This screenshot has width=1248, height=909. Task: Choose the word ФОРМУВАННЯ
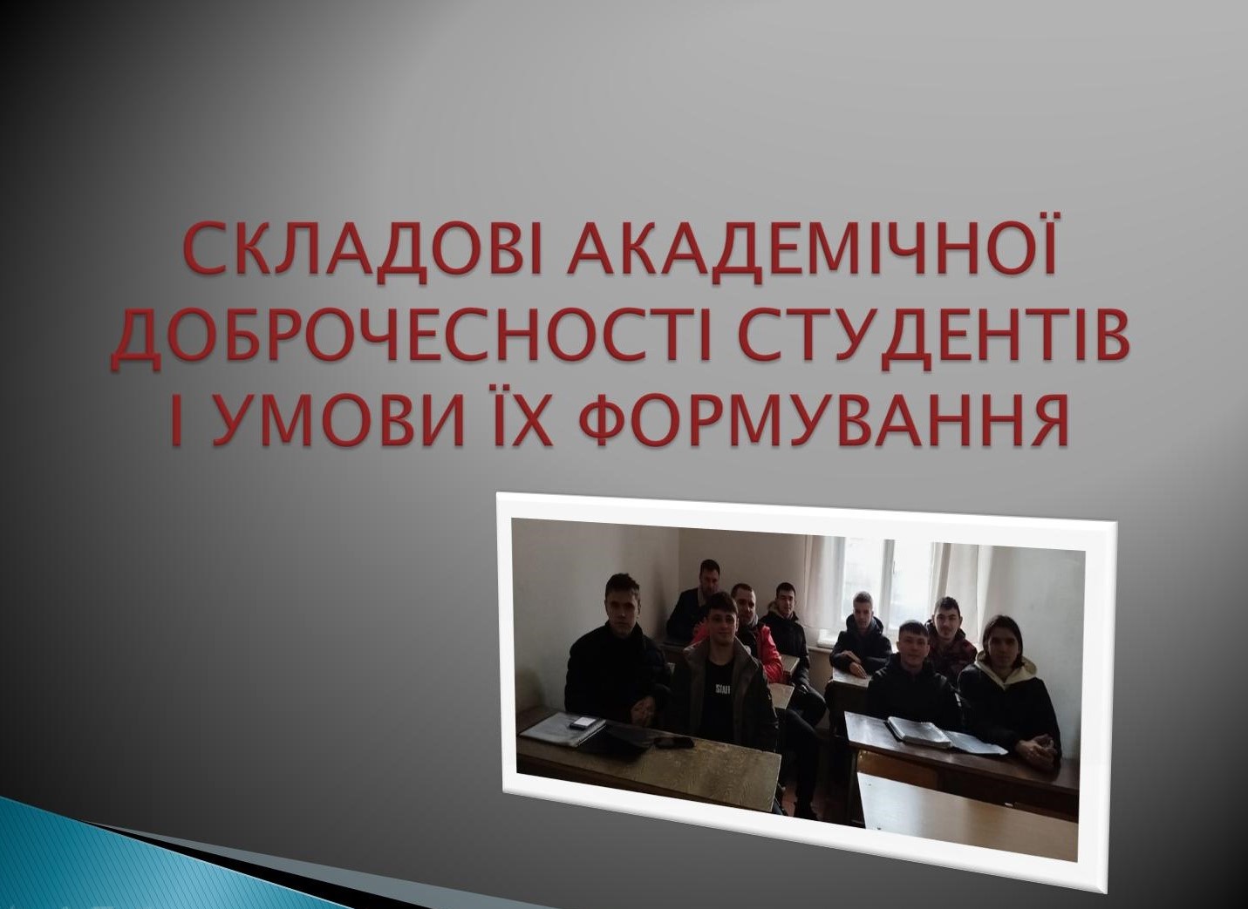click(823, 422)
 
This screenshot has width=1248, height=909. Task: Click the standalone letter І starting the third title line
click(176, 422)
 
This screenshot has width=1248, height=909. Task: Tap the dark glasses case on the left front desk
click(673, 743)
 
